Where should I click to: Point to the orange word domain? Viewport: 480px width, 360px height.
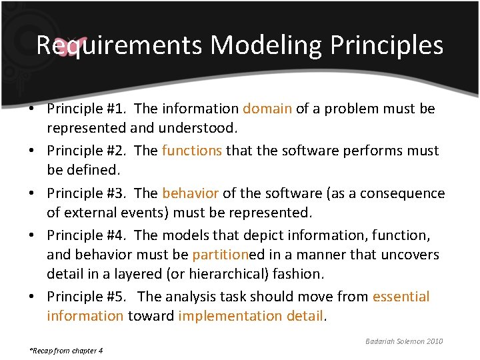(267, 109)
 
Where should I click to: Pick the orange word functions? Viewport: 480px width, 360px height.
(192, 151)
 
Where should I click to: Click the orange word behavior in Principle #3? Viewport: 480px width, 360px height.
(190, 193)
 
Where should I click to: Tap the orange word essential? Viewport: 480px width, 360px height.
(401, 297)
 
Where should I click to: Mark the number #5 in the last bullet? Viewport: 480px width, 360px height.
(116, 297)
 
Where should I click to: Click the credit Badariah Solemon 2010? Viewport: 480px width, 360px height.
(404, 341)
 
